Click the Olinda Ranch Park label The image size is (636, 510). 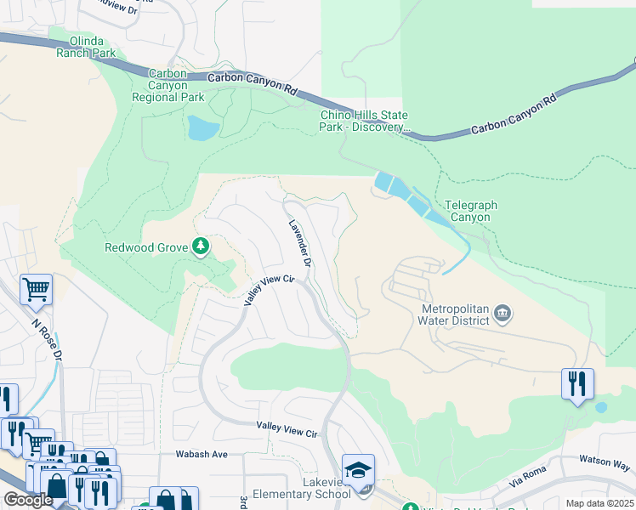pos(85,46)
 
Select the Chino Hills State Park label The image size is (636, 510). pos(364,121)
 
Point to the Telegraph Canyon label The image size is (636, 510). pos(471,211)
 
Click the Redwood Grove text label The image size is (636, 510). pos(145,247)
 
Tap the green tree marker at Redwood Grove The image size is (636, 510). pos(201,247)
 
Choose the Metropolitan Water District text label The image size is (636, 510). pos(455,314)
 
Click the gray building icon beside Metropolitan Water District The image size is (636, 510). pos(503,314)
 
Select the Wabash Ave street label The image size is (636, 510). pos(202,455)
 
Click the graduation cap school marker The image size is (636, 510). pos(358,469)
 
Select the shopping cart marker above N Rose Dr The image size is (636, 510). pos(36,290)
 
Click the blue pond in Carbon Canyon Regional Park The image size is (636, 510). pos(203,127)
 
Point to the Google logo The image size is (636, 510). pos(29,500)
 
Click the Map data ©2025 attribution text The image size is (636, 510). pos(599,503)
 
